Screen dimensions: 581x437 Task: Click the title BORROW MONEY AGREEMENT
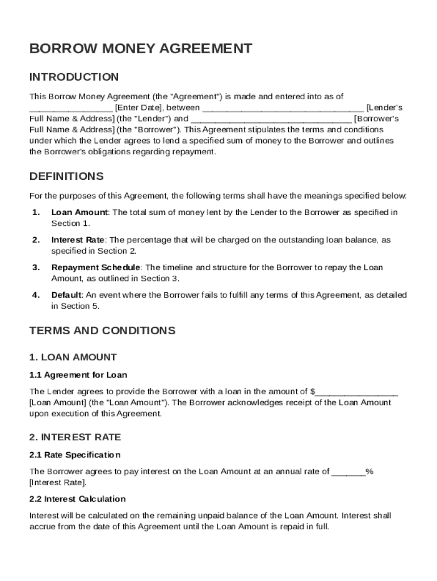click(x=140, y=49)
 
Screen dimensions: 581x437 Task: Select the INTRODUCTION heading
click(x=74, y=77)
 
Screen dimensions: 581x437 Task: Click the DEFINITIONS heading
click(x=66, y=176)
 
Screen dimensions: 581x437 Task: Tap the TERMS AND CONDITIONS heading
click(x=102, y=330)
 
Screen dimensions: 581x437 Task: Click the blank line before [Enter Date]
click(x=71, y=108)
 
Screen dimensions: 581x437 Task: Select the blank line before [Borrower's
click(x=271, y=119)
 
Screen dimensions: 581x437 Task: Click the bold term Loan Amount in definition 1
click(x=79, y=212)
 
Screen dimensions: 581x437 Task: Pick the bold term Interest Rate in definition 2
click(x=78, y=240)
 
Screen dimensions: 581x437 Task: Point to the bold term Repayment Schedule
click(x=95, y=267)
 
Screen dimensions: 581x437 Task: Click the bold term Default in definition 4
click(x=66, y=295)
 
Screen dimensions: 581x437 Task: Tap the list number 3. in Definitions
click(x=36, y=267)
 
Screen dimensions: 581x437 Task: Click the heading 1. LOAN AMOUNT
click(x=73, y=357)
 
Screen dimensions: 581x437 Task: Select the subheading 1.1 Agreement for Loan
click(x=78, y=375)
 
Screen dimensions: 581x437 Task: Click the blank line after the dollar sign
click(x=357, y=391)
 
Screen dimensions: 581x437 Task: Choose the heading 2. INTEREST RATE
click(x=75, y=437)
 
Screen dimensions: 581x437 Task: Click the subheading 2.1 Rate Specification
click(x=75, y=455)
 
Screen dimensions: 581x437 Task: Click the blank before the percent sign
click(x=348, y=471)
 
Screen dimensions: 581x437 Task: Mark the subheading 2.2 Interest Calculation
click(x=77, y=499)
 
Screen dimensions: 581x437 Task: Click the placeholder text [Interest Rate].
click(x=58, y=483)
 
